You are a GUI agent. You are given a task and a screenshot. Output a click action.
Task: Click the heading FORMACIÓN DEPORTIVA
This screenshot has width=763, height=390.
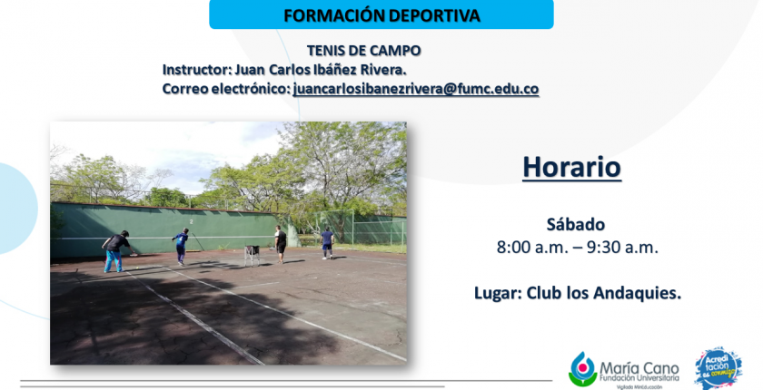click(381, 15)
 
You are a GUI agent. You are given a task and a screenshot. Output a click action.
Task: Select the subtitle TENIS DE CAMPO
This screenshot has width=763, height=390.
click(363, 51)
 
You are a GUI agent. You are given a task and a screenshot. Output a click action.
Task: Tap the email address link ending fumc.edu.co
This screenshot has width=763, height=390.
click(416, 90)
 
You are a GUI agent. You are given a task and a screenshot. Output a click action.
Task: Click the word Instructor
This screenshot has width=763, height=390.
click(195, 70)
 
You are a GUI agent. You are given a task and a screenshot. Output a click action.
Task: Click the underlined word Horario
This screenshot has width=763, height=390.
click(571, 167)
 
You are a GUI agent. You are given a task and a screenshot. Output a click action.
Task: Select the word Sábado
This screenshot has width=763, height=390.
click(576, 224)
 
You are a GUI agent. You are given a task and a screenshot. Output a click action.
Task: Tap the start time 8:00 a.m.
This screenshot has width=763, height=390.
click(530, 248)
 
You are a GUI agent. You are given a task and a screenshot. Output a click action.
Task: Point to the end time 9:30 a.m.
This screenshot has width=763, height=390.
click(622, 248)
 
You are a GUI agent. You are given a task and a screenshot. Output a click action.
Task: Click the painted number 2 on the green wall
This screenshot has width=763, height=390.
click(192, 221)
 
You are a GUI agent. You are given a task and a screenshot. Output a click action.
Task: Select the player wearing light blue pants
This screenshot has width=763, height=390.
click(116, 251)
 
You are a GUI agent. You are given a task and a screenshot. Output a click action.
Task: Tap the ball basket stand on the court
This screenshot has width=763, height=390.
click(252, 256)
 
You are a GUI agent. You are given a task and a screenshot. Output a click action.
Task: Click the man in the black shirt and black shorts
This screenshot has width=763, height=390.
click(281, 244)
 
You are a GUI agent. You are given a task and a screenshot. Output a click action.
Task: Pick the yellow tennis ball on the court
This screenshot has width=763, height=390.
click(138, 268)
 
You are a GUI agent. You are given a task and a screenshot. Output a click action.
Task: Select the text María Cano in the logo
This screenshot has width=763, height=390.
click(639, 368)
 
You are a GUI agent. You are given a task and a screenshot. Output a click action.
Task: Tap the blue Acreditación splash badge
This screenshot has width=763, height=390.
click(718, 367)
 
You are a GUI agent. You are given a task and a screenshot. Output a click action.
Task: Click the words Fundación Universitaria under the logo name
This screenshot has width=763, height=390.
click(639, 378)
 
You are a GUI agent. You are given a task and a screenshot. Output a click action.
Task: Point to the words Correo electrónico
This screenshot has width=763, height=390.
click(226, 90)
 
